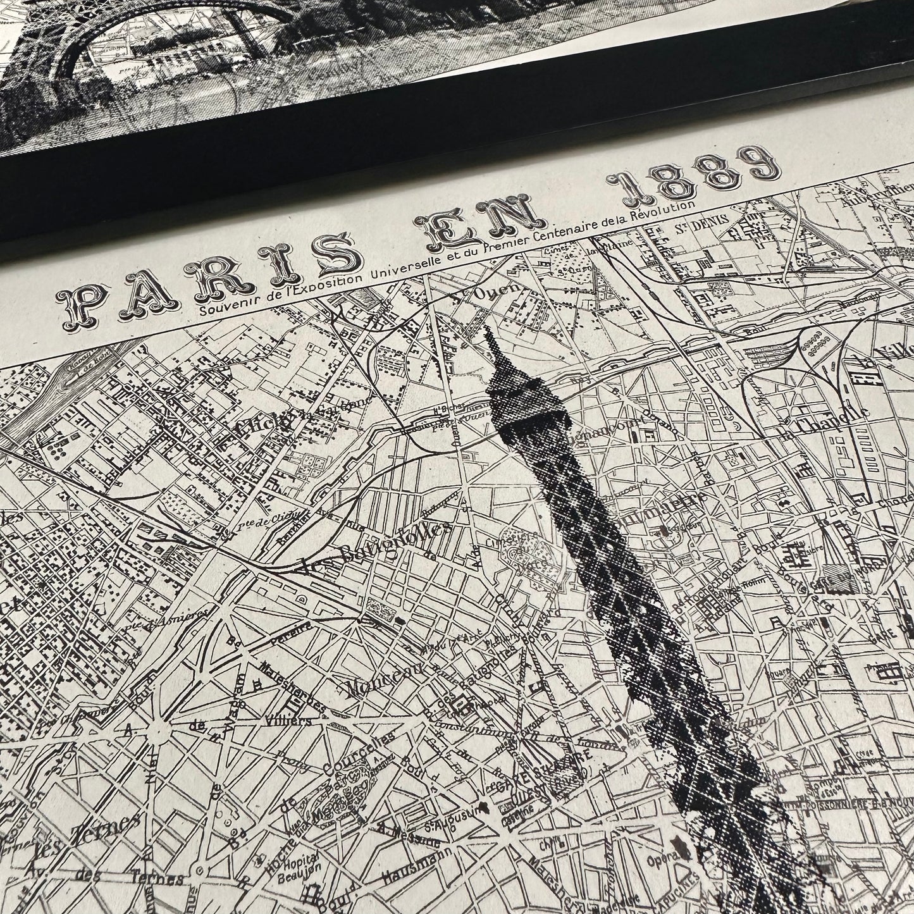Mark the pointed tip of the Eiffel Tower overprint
click(x=489, y=333)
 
